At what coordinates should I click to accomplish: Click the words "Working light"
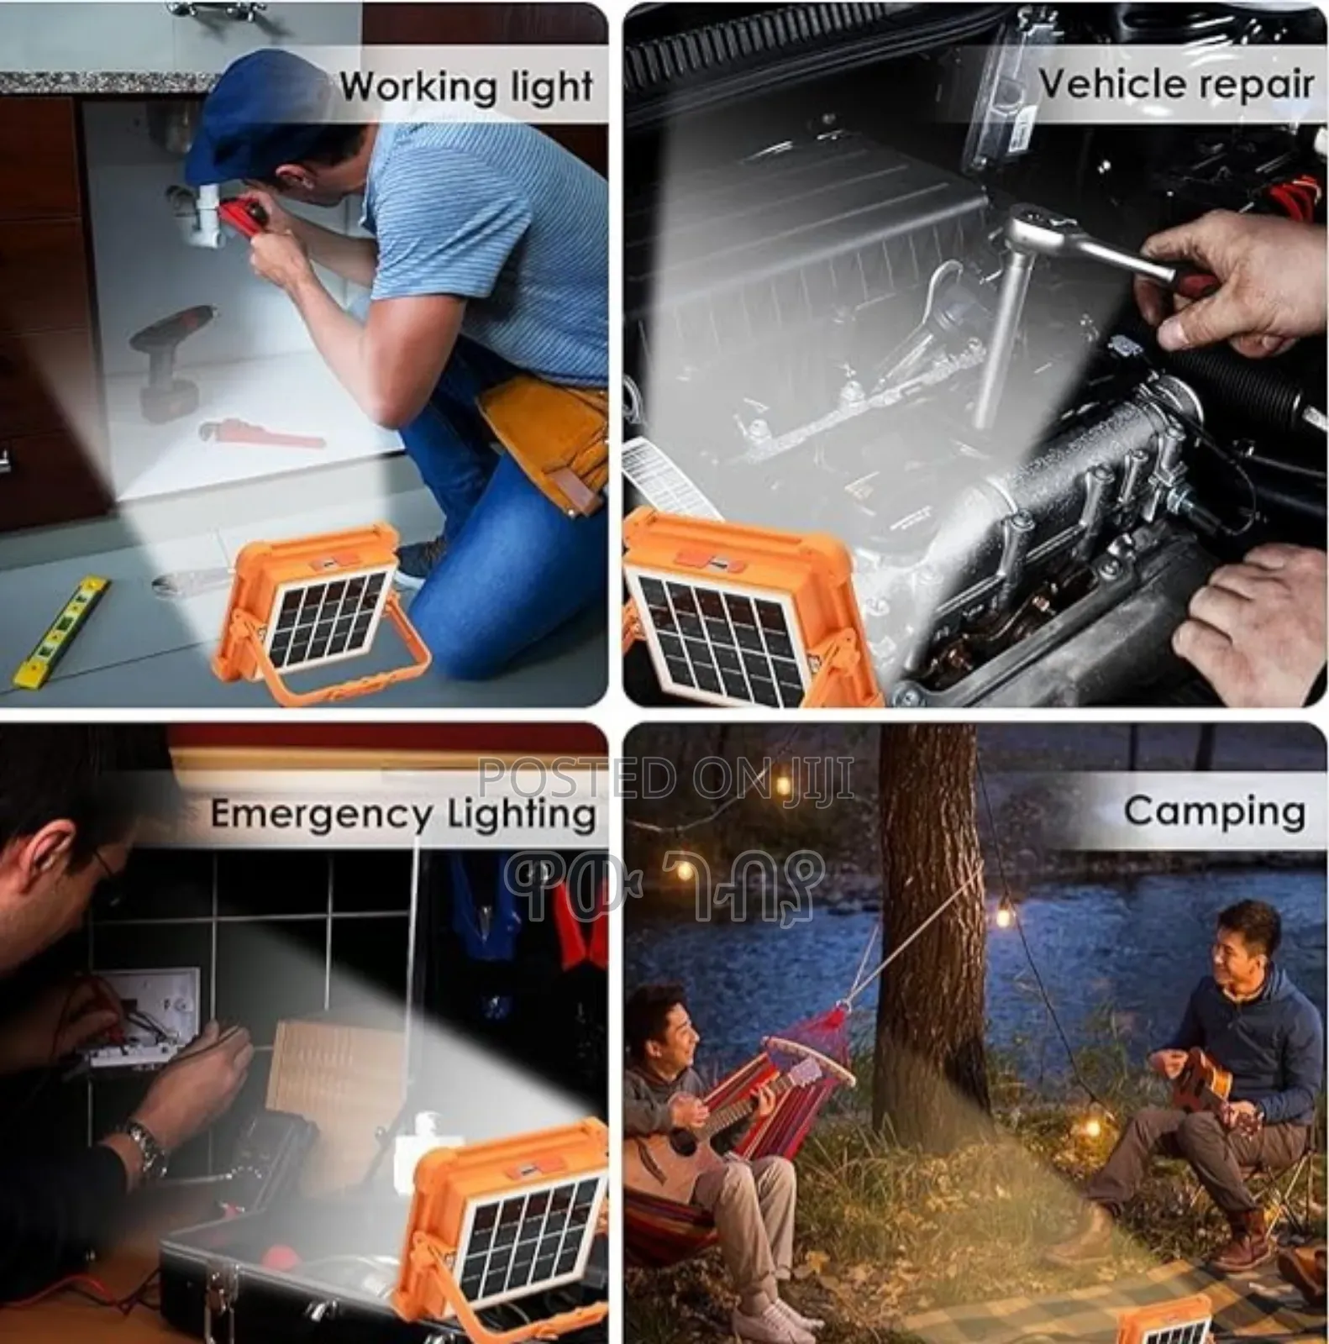point(466,87)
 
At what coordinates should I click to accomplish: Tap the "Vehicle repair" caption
point(1176,84)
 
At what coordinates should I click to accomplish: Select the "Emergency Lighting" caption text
point(403,815)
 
